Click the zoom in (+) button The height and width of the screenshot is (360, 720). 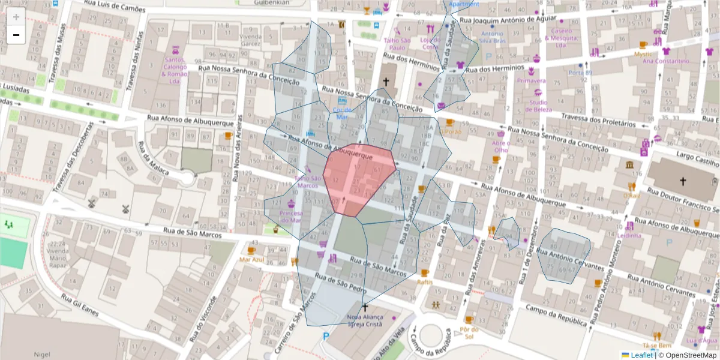click(16, 17)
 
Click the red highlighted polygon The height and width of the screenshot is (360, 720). click(359, 179)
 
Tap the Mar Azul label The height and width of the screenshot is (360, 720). click(251, 260)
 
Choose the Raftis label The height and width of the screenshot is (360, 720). click(425, 281)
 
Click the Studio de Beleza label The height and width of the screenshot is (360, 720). click(538, 106)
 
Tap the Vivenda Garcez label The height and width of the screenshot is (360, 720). click(250, 40)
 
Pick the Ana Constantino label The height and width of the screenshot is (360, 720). click(665, 61)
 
